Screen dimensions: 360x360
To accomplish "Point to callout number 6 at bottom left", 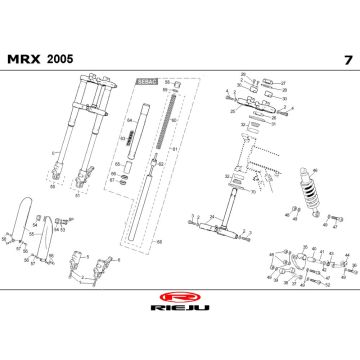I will (x=116, y=258).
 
